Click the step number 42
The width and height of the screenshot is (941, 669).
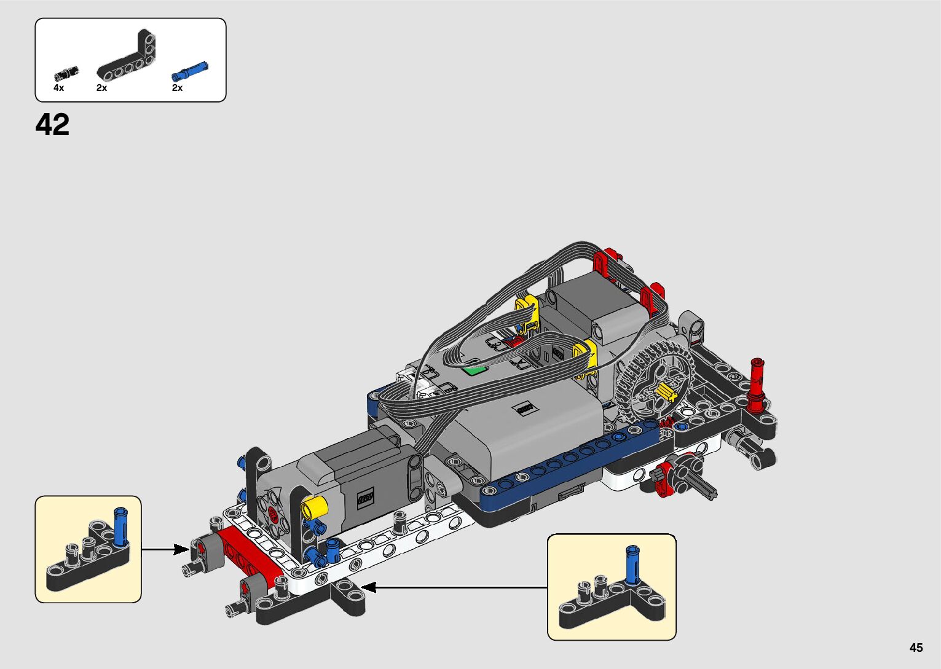(x=52, y=125)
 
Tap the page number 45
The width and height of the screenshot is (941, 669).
(x=916, y=647)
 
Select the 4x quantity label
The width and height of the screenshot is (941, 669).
(x=59, y=88)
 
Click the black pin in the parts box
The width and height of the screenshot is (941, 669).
(x=66, y=74)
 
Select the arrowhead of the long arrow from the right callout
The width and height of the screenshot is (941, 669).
(x=368, y=587)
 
